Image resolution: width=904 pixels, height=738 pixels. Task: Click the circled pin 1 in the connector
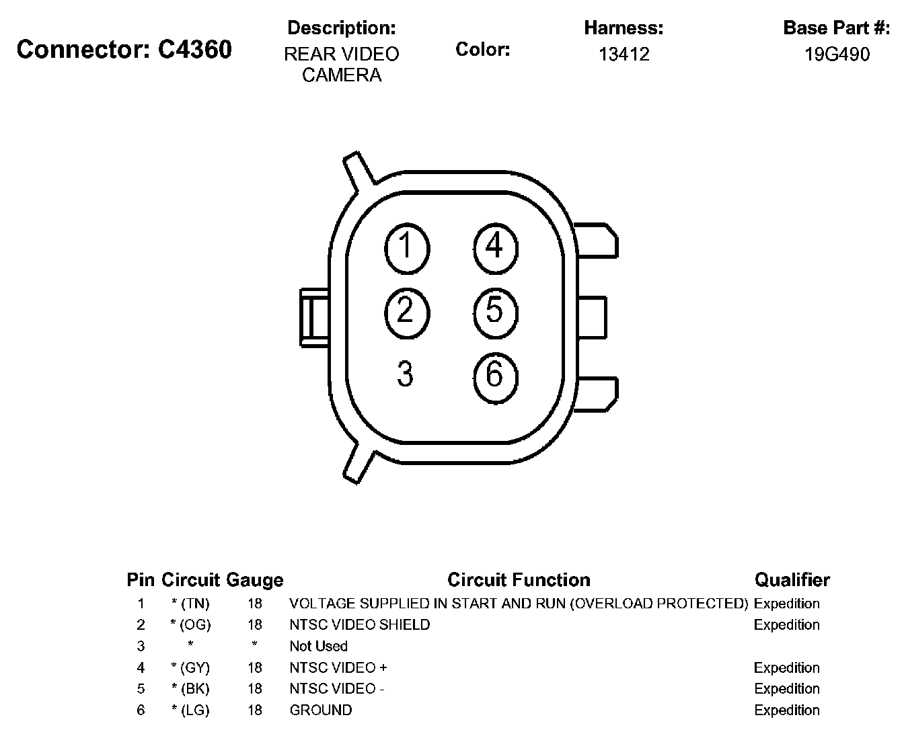406,248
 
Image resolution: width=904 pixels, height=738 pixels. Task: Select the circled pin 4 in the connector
495,247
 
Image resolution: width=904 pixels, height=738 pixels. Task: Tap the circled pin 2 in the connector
406,311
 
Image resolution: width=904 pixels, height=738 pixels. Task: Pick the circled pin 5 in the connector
495,311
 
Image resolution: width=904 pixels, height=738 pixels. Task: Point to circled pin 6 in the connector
495,374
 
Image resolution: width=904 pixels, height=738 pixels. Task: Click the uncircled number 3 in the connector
405,374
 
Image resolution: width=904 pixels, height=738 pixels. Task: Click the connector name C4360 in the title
195,50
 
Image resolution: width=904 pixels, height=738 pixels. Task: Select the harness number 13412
624,54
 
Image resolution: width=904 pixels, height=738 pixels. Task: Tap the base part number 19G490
837,54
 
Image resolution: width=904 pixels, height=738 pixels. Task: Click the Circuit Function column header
519,580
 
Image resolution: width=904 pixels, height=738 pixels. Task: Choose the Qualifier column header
792,580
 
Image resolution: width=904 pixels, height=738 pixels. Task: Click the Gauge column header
255,580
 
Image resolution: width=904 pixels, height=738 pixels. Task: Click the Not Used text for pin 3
318,647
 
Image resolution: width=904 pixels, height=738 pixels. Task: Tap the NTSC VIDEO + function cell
338,668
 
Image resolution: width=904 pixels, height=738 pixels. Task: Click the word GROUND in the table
320,710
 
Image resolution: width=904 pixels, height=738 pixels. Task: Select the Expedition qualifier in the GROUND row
786,710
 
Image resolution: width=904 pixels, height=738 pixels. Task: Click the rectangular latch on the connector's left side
313,317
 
